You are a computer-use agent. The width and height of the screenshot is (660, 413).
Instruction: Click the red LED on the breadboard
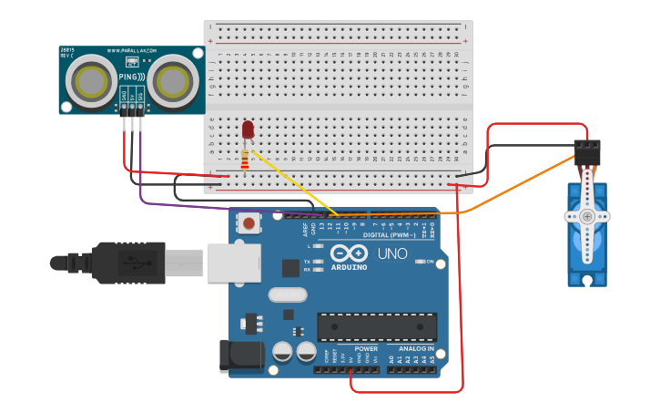point(248,129)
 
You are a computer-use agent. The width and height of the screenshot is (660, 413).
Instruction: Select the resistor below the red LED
point(245,160)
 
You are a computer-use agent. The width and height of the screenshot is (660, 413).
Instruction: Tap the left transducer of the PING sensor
point(91,80)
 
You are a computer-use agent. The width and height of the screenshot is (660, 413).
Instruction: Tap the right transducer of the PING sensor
point(172,81)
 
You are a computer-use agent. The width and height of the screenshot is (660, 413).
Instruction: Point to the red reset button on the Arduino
point(249,222)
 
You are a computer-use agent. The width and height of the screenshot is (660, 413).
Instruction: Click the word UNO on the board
point(392,253)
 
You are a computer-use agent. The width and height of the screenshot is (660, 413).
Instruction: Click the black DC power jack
point(239,356)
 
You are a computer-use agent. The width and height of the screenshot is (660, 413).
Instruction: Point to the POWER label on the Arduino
point(366,348)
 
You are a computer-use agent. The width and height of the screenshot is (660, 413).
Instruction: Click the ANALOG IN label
point(416,348)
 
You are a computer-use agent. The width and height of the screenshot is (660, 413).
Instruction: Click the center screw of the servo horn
point(587,217)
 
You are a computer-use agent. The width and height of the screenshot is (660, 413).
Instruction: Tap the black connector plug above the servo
point(587,150)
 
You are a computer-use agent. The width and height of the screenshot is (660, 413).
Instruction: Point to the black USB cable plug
point(127,263)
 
